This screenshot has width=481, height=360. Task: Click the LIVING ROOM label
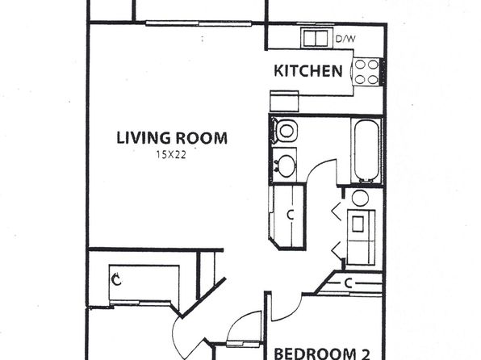tap(172, 138)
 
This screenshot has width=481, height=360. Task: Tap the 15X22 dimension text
tap(171, 155)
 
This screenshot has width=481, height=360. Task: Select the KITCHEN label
tap(308, 71)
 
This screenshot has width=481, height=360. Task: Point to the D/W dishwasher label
tap(345, 39)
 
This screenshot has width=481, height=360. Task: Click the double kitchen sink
tap(316, 38)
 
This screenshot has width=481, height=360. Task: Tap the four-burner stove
tap(366, 72)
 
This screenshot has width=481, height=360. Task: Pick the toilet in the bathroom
tap(285, 130)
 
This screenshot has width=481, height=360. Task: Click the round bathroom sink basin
tap(287, 166)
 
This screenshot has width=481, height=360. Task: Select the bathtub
tap(366, 150)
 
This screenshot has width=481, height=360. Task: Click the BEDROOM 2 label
tap(322, 354)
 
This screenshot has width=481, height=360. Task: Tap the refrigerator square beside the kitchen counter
tap(284, 101)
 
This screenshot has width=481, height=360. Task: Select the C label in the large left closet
tap(116, 279)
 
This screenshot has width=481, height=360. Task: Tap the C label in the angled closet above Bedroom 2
tap(348, 283)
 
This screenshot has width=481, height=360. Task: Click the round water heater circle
tap(360, 199)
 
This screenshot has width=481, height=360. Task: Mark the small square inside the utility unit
tap(358, 224)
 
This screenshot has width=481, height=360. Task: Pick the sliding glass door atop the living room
tap(199, 23)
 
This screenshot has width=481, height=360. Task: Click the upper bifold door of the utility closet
tap(337, 211)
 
